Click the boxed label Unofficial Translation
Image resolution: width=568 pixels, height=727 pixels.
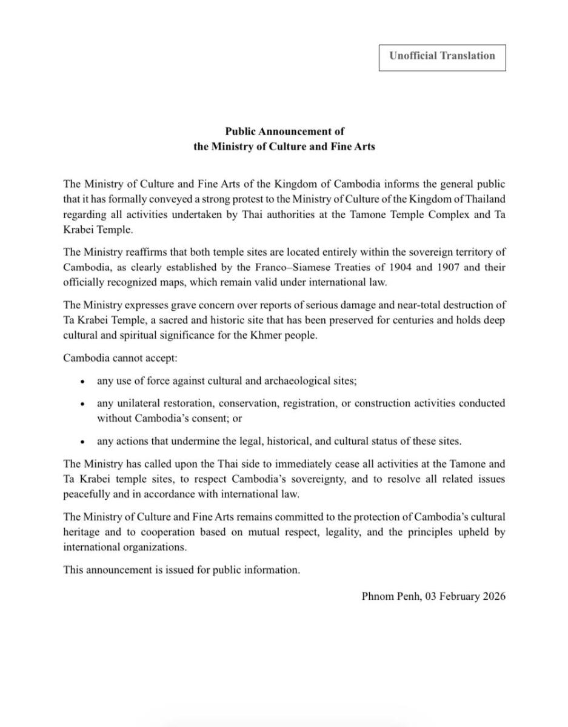point(442,56)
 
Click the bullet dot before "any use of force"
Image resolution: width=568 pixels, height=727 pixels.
point(82,382)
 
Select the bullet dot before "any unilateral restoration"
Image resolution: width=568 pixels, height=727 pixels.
point(82,403)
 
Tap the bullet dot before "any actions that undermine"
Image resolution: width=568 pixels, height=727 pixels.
point(82,441)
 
